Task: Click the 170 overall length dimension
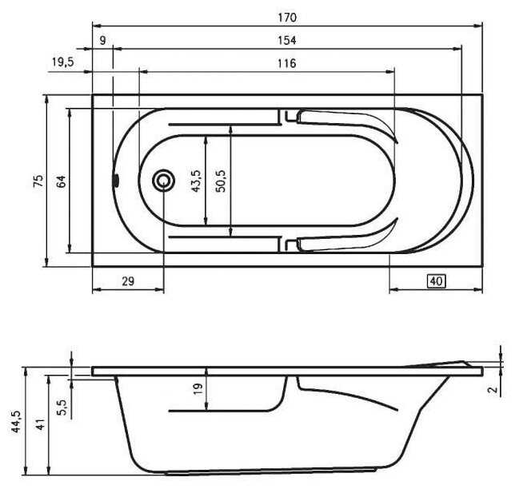pyautogui.click(x=287, y=17)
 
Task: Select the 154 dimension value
pyautogui.click(x=287, y=41)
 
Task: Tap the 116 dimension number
pyautogui.click(x=287, y=63)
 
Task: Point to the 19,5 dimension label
pyautogui.click(x=63, y=62)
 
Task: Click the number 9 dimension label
pyautogui.click(x=103, y=41)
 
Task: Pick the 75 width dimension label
pyautogui.click(x=38, y=181)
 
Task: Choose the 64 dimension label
pyautogui.click(x=61, y=181)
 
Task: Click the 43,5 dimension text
pyautogui.click(x=196, y=181)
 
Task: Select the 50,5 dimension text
pyautogui.click(x=221, y=181)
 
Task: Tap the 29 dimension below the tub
pyautogui.click(x=128, y=281)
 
